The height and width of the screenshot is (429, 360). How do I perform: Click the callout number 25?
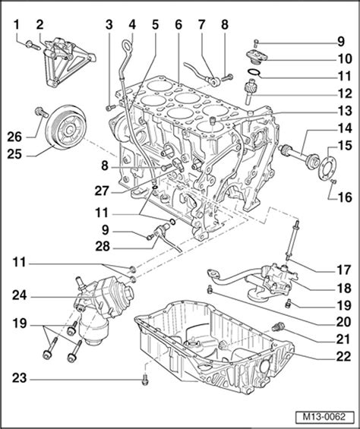click(x=14, y=154)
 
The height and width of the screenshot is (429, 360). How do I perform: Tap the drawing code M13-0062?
click(x=324, y=417)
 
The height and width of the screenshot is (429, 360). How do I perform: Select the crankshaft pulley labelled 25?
click(x=66, y=128)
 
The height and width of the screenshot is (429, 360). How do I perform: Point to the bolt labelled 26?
click(x=41, y=112)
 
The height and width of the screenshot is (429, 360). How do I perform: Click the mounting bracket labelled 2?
click(x=66, y=62)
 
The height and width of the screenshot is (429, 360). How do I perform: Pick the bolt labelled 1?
click(x=33, y=46)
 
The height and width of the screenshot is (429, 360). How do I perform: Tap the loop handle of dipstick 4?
click(x=128, y=46)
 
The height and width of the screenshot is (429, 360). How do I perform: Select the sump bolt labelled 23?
click(x=145, y=380)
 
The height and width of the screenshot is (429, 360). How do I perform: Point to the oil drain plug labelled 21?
click(x=278, y=326)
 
